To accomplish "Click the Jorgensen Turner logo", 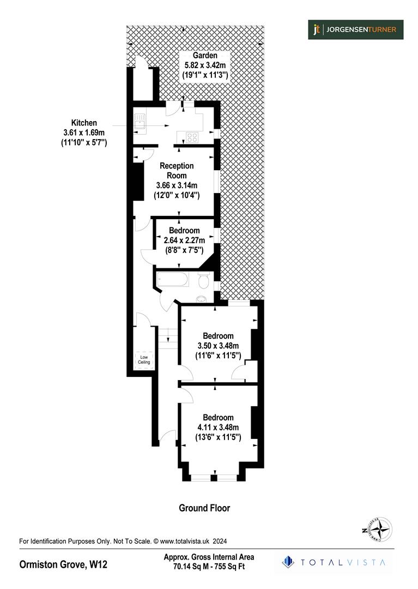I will (355, 29).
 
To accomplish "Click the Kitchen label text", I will (83, 123).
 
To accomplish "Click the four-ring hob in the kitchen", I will (192, 137).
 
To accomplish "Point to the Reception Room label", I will (177, 170).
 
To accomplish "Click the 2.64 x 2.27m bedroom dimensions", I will (184, 241).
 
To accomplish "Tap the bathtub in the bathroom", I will (173, 280).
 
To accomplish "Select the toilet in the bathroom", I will (204, 281).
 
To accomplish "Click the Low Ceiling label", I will (144, 359).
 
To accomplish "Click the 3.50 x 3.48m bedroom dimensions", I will (218, 346).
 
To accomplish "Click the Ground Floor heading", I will (204, 508).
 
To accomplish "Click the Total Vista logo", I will (334, 562).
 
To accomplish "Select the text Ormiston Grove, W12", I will (63, 564).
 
